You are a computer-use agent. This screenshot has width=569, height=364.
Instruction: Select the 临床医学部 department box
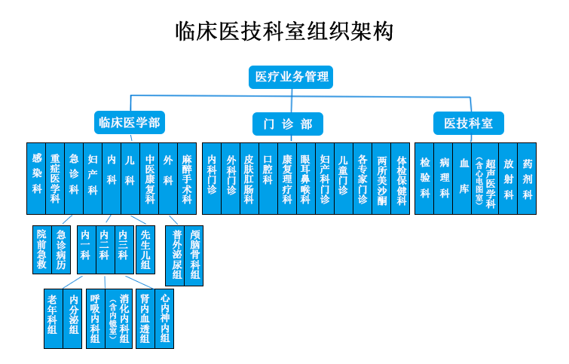129,123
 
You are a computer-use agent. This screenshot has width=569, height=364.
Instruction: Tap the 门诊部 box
287,124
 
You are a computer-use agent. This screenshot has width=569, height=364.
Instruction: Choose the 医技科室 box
469,124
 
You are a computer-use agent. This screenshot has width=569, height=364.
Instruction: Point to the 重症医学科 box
55,179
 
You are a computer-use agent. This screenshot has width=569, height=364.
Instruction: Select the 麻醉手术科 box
186,179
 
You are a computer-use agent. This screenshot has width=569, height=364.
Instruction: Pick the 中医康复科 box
149,179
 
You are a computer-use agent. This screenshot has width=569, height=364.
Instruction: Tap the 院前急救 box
42,249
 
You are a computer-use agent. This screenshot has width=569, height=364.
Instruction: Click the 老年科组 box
53,317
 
